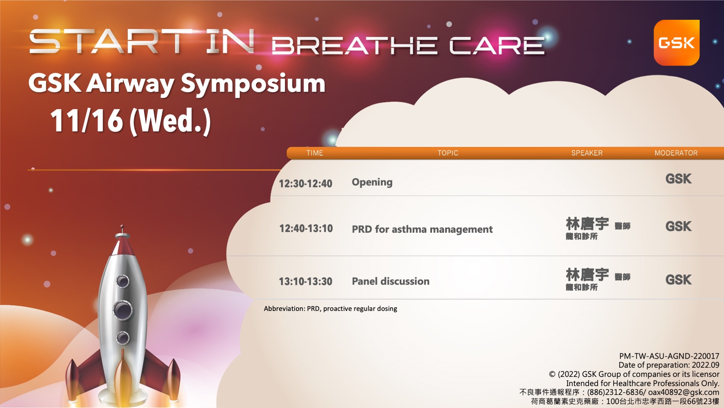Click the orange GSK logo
677,42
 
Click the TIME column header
315,153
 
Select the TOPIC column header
448,153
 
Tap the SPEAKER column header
587,153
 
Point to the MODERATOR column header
676,153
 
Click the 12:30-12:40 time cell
305,183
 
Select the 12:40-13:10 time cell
306,228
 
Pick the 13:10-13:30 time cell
305,282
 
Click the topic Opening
372,182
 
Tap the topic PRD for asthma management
422,229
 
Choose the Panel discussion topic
391,281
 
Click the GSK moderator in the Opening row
678,179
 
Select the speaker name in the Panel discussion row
587,274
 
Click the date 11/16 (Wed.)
130,121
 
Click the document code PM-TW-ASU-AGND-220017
669,356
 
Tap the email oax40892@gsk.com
684,392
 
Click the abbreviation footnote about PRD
331,308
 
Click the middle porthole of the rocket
123,310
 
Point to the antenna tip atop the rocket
122,226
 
